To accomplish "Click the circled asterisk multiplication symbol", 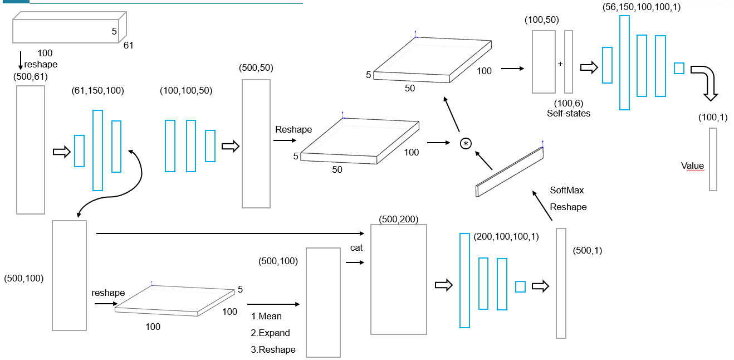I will pos(466,143).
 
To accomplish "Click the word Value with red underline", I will pos(692,166).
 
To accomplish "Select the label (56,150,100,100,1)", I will pos(641,7).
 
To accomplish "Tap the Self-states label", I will pos(569,113).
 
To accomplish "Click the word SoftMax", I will pos(567,190).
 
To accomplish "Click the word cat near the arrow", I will pos(356,247).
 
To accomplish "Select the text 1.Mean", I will pos(266,316).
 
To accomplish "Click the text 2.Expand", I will pos(270,333).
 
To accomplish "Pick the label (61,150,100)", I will pos(98,90).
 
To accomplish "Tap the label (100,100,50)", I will pos(185,90).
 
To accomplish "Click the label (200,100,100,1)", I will pos(506,237).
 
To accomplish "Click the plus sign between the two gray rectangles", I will pos(560,64).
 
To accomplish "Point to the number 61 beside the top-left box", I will pos(129,45).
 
